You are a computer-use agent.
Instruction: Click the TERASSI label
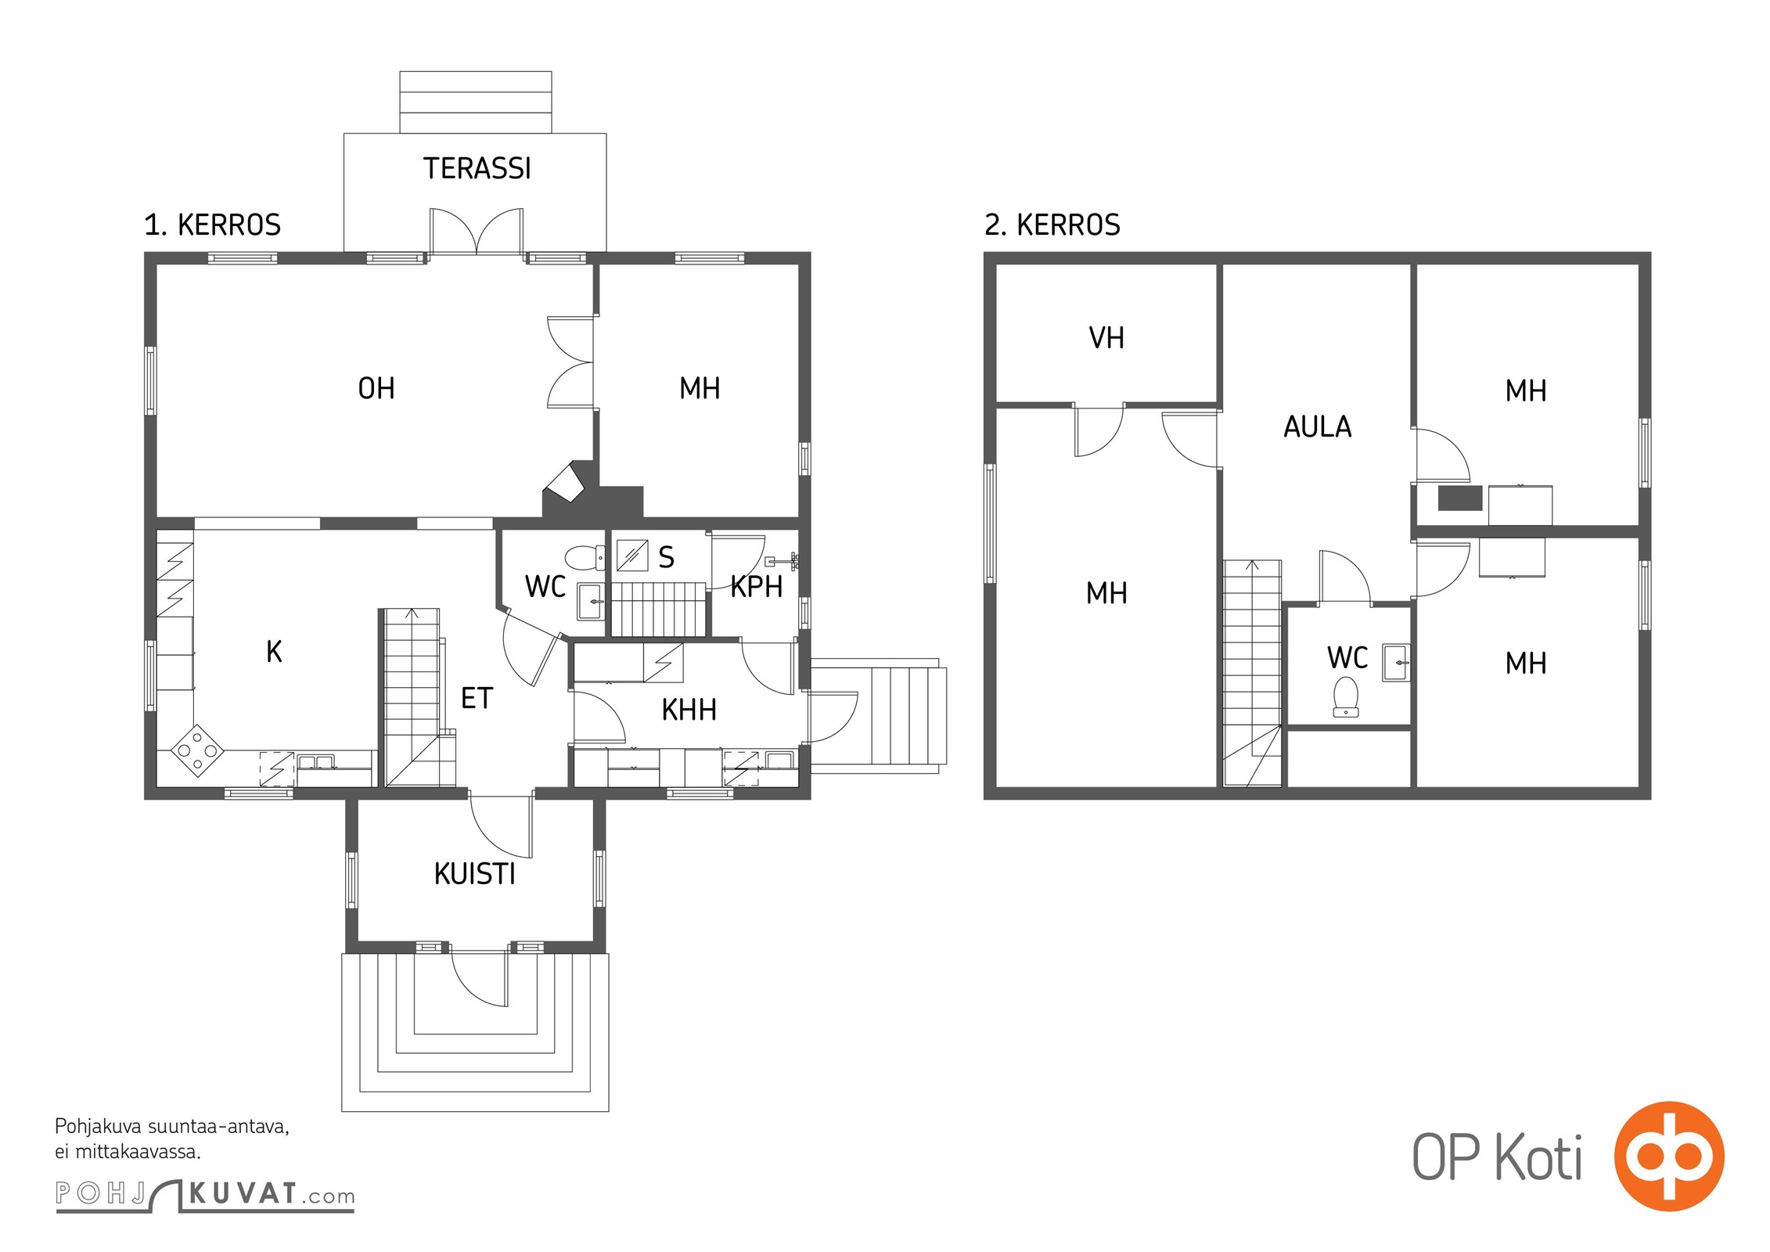tap(477, 168)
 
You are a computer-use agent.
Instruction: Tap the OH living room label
tap(376, 388)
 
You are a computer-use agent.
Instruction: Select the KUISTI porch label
tap(475, 874)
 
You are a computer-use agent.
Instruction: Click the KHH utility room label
tap(689, 710)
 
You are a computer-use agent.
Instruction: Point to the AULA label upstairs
tap(1318, 426)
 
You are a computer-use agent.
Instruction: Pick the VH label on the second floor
tap(1106, 338)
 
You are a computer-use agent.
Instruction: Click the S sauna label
tap(666, 557)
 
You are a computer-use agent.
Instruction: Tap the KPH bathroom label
tap(757, 587)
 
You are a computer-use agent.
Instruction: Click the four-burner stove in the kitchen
tap(197, 750)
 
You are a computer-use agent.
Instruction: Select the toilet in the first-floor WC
tap(585, 557)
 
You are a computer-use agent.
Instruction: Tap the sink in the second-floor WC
tap(1396, 663)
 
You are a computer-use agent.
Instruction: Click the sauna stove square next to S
tap(632, 555)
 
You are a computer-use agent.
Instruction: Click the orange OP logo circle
tap(1668, 1156)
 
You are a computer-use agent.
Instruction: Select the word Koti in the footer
tap(1539, 1158)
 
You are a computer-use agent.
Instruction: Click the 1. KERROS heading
tap(212, 225)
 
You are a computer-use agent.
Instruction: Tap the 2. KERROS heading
tap(1052, 225)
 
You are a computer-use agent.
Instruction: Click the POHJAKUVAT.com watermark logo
tap(205, 1194)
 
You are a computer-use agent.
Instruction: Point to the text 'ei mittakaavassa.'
tap(128, 1152)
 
